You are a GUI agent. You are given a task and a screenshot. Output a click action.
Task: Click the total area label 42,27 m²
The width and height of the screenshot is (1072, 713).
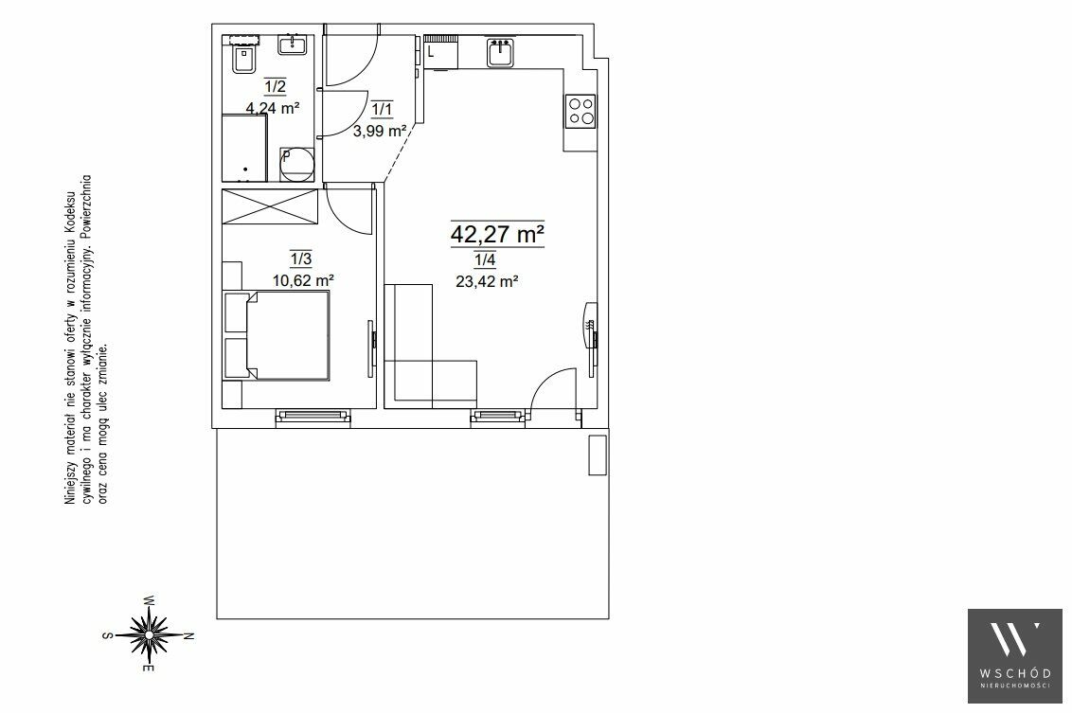click(x=497, y=235)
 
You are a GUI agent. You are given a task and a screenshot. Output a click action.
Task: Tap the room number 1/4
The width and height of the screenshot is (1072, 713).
click(x=486, y=259)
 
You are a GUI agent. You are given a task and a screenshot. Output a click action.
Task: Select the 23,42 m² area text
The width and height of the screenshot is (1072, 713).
click(x=487, y=280)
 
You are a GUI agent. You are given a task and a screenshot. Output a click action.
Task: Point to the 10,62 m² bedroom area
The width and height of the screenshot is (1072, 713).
click(x=303, y=279)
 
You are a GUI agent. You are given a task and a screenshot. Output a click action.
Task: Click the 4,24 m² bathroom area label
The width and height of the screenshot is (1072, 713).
click(x=274, y=107)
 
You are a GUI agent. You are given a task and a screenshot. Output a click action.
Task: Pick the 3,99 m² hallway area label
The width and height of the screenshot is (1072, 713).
click(x=380, y=131)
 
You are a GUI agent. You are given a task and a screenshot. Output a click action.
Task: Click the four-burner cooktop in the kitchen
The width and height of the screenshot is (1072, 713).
click(x=581, y=111)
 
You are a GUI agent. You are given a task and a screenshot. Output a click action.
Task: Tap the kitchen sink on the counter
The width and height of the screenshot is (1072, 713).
click(x=502, y=53)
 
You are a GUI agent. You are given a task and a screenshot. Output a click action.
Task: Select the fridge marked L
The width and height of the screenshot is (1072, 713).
click(x=441, y=52)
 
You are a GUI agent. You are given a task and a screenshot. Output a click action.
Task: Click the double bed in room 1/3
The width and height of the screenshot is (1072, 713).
click(x=277, y=335)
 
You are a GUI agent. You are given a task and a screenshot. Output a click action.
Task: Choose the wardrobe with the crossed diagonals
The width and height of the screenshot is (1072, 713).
click(x=271, y=206)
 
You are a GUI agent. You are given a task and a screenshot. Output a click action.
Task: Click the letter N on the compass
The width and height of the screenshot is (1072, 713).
click(x=190, y=635)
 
